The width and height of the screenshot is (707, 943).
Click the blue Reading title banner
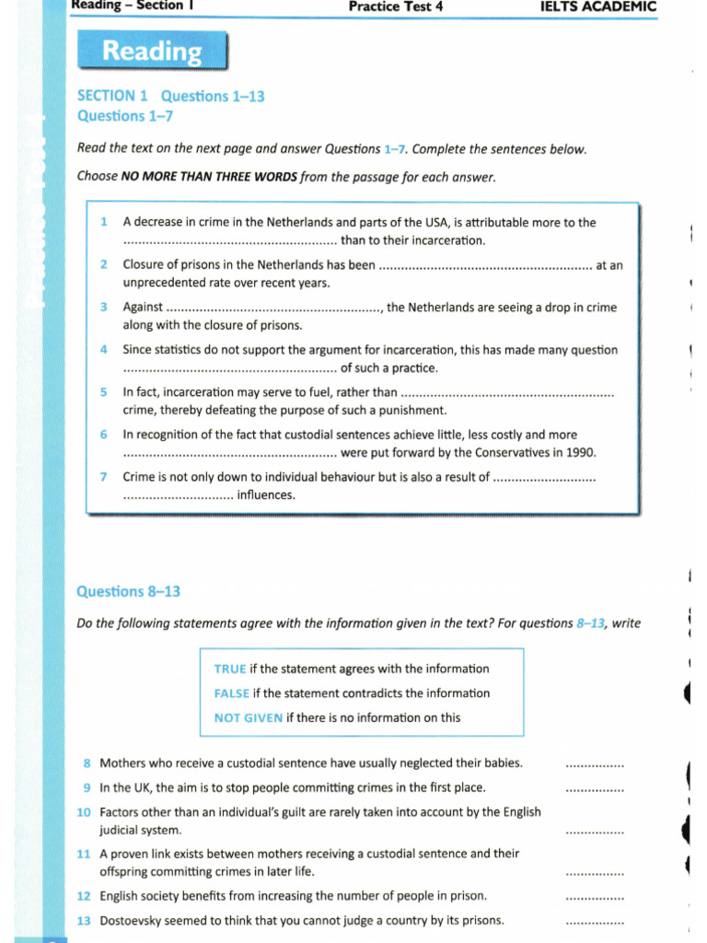point(152,52)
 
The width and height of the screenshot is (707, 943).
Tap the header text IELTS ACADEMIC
point(597,7)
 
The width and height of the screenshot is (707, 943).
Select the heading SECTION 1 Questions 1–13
point(170,96)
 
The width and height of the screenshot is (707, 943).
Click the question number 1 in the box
point(104,222)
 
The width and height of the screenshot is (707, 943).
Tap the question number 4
point(104,350)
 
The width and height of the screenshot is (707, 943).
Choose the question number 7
point(104,477)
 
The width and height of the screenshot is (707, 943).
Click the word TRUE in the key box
point(230,669)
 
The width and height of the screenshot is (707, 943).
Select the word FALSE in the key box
point(232,693)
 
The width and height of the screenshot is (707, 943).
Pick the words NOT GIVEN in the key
point(248,717)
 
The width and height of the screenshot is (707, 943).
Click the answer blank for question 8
point(594,764)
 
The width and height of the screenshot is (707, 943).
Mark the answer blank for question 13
point(594,921)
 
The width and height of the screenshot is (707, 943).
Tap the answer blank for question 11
point(594,872)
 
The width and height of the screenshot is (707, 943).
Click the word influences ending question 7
point(266,495)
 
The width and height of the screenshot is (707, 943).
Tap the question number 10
point(84,812)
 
